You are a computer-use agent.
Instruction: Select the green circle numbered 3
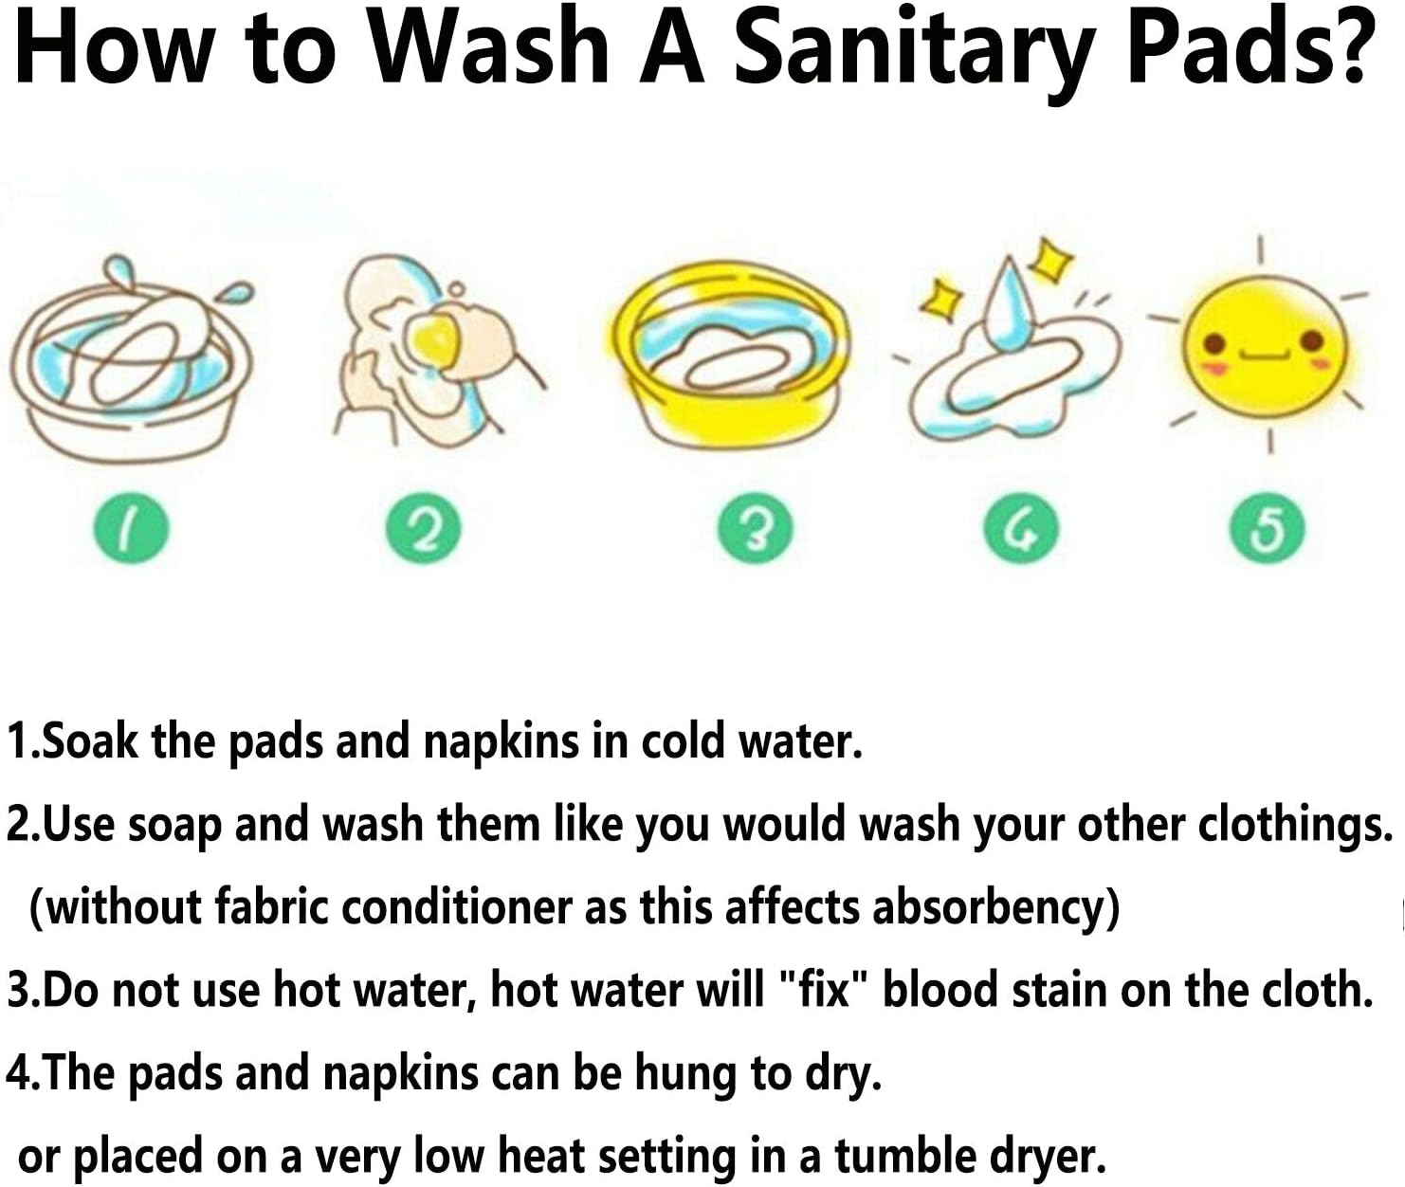(x=755, y=530)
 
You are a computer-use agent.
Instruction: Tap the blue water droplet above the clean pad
(x=1010, y=306)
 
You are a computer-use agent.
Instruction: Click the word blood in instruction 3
(x=940, y=989)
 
